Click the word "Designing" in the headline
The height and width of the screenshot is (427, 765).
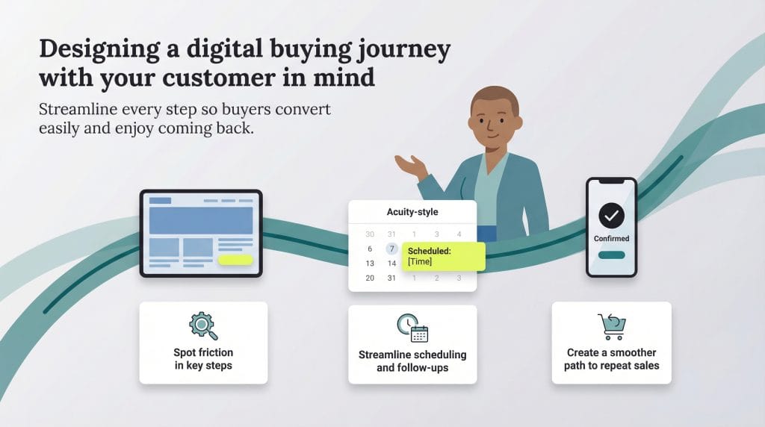tap(87, 49)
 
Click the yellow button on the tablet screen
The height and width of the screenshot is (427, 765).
tap(235, 260)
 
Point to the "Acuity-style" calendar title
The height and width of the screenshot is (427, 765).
tap(412, 212)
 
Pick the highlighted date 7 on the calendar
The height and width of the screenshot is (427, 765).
tap(391, 249)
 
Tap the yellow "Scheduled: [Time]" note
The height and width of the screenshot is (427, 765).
tap(444, 256)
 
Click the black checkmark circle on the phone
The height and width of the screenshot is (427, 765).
tap(611, 216)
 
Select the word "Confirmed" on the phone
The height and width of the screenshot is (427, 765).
tap(611, 239)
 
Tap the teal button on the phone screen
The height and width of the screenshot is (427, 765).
tap(611, 255)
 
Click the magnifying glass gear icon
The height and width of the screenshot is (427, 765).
tap(202, 326)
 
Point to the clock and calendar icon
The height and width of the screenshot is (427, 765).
tap(412, 328)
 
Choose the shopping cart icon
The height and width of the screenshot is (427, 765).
tap(611, 326)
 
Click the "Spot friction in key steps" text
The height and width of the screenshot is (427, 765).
tap(203, 359)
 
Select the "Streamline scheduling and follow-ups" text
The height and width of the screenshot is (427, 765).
tap(412, 361)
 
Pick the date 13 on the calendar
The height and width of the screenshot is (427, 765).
tap(370, 264)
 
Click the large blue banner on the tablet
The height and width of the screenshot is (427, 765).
tap(200, 220)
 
